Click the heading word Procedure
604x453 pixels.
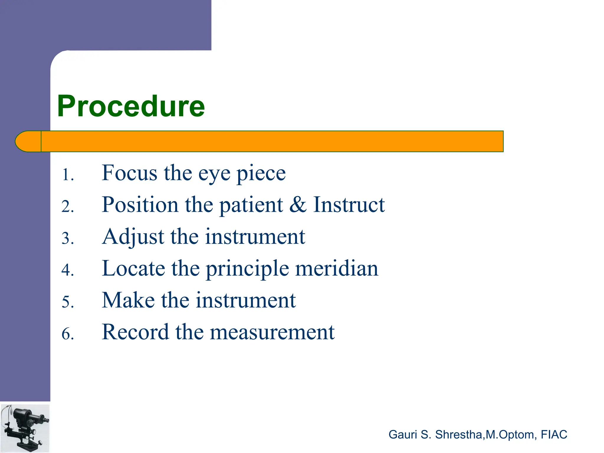(131, 106)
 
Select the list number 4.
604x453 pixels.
(67, 270)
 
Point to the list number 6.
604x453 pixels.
(67, 334)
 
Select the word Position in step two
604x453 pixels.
(140, 205)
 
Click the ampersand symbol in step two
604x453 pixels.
(298, 205)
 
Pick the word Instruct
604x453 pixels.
(349, 205)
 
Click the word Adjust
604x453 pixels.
(133, 237)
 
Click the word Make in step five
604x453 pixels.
(128, 300)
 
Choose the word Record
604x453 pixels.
(135, 332)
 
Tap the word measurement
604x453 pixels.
(272, 333)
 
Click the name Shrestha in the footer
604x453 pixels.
(458, 434)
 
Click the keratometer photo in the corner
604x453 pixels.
(25, 428)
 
